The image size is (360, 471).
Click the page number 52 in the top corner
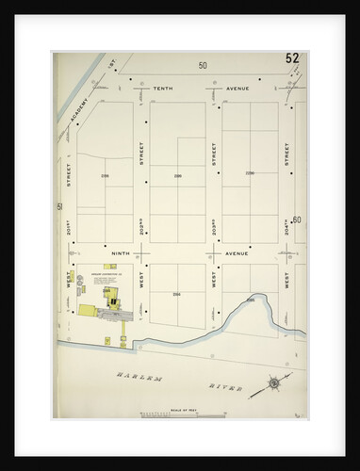[x=293, y=58]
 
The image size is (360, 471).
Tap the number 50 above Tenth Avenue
[x=202, y=65]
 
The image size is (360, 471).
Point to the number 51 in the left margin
[x=58, y=206]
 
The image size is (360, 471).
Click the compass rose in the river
[x=272, y=382]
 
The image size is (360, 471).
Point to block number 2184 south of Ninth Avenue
[x=176, y=294]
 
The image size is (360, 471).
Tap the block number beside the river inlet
[x=250, y=300]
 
